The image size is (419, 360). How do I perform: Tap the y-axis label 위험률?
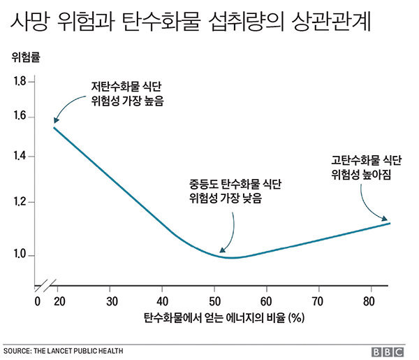coord(27,58)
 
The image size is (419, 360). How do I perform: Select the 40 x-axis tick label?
coord(162,301)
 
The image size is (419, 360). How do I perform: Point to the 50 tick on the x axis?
coord(214,301)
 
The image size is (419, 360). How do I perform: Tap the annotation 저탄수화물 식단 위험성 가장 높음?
coord(127,94)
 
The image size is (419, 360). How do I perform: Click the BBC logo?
coord(390,350)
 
